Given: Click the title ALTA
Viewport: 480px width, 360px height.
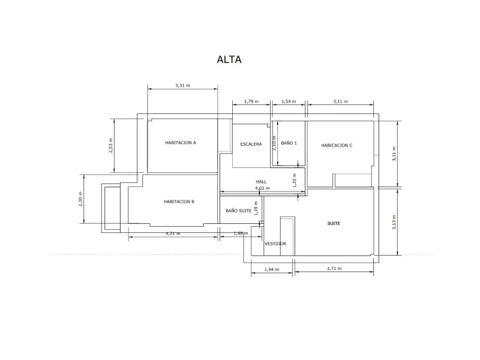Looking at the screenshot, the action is click(229, 59).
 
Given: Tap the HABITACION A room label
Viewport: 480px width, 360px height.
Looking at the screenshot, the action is click(181, 143).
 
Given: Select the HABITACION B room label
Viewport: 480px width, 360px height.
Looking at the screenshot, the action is click(179, 202).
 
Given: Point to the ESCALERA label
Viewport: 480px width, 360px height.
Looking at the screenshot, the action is click(251, 144).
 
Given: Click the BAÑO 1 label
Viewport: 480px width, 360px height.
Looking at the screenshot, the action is click(289, 143).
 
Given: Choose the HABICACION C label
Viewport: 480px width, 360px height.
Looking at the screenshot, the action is click(337, 145).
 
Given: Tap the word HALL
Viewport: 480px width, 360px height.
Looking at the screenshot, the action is click(261, 182).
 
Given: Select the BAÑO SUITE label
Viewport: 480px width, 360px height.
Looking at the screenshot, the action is click(238, 211).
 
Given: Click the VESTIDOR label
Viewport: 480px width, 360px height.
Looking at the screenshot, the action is click(275, 244).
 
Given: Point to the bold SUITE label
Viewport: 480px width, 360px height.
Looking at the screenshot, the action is click(334, 223).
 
